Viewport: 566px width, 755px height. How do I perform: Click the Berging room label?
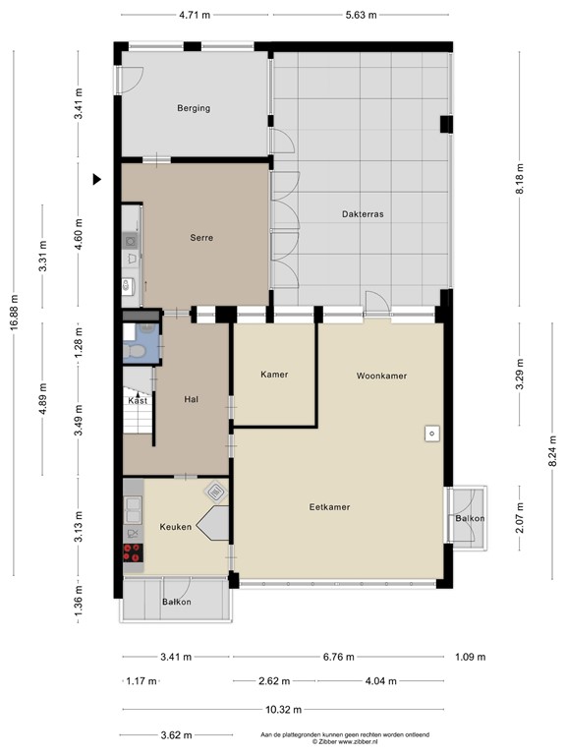[194, 108]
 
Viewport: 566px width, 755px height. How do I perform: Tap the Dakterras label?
[363, 213]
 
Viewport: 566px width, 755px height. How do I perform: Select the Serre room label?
[201, 237]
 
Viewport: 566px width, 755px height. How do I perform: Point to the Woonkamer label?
[381, 376]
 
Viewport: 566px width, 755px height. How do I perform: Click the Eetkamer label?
[330, 506]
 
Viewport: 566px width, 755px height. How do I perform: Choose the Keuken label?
[176, 527]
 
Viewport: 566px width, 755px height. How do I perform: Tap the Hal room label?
[191, 399]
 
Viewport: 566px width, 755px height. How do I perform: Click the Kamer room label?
[274, 375]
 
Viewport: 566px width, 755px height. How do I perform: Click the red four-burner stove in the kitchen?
[133, 552]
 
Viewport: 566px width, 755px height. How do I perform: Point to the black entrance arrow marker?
[96, 180]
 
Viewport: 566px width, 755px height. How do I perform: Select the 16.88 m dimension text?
[14, 312]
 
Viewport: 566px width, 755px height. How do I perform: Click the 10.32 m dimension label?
[283, 709]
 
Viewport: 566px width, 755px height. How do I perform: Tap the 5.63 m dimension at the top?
[361, 15]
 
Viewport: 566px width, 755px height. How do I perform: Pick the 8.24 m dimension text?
[553, 450]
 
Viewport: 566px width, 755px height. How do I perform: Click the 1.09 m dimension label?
[471, 657]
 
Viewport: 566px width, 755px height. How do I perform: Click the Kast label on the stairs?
[138, 401]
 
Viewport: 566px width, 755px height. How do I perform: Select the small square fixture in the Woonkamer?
[431, 434]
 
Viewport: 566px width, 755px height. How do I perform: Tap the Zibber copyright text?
[345, 742]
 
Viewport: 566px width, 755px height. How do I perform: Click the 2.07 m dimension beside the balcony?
[519, 517]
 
